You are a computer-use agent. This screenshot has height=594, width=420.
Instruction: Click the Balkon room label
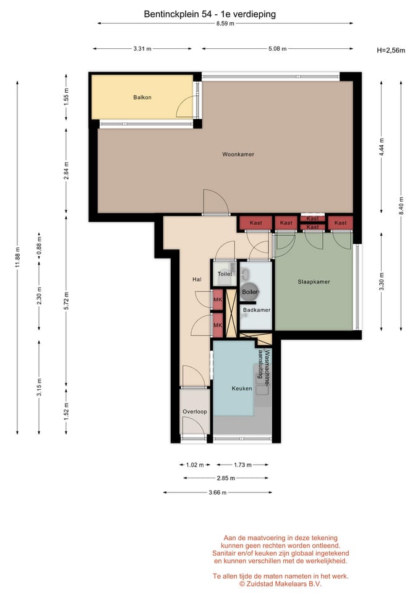click(142, 97)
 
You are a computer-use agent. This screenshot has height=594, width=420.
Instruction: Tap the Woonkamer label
click(238, 154)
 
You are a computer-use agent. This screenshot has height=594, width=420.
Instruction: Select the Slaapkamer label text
click(314, 282)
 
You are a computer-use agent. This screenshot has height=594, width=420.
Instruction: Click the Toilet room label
click(225, 274)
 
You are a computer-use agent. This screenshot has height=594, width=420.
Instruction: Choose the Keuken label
click(242, 389)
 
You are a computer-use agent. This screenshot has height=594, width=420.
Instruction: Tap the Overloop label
click(195, 412)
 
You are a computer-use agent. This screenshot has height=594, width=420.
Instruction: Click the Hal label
click(197, 280)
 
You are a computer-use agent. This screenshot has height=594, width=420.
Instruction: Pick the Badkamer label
click(257, 310)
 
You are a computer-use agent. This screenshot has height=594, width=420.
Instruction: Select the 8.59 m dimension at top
click(225, 24)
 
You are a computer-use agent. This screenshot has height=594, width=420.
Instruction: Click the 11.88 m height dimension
click(17, 257)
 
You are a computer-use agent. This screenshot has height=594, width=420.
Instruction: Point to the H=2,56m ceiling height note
click(391, 50)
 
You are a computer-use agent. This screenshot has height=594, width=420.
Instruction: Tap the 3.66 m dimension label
click(217, 493)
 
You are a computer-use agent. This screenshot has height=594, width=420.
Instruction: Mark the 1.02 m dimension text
click(195, 465)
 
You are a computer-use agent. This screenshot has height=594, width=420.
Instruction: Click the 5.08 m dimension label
click(277, 49)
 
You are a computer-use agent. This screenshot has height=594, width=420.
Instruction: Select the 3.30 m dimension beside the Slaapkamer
click(382, 282)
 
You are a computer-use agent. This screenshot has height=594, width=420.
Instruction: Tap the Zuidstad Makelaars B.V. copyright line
click(280, 584)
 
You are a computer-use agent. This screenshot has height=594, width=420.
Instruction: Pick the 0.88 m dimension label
click(39, 246)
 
